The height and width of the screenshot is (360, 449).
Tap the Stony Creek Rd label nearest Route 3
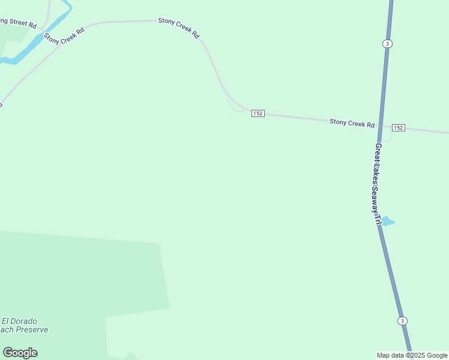(352, 123)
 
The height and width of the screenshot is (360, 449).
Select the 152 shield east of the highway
(398, 128)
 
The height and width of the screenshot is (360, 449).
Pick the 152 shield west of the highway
(258, 113)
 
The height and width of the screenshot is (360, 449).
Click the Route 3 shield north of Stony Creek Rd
(388, 44)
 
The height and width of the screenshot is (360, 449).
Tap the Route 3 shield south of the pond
(402, 320)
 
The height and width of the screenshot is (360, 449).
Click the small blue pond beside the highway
(387, 221)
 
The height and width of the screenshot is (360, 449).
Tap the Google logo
(20, 353)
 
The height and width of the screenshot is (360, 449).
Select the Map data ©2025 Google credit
(412, 355)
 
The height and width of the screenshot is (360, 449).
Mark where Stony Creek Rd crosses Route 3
(381, 125)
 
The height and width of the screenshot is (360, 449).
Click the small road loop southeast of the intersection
(387, 136)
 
